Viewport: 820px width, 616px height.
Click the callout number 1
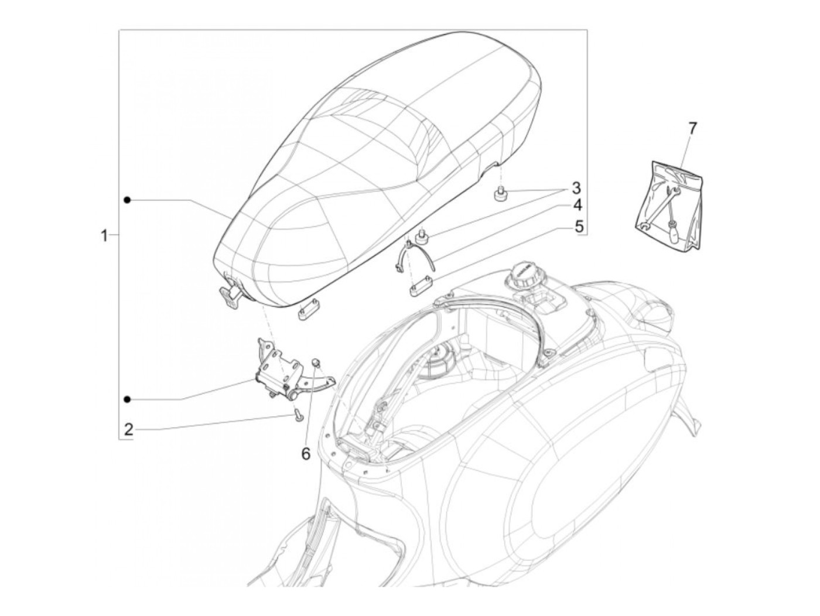pyautogui.click(x=105, y=235)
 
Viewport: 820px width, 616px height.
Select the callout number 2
pyautogui.click(x=128, y=429)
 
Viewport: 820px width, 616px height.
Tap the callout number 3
pyautogui.click(x=576, y=188)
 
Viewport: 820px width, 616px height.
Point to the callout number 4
pyautogui.click(x=577, y=206)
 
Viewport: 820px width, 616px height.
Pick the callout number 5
pyautogui.click(x=578, y=226)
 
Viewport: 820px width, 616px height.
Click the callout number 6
pyautogui.click(x=306, y=454)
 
